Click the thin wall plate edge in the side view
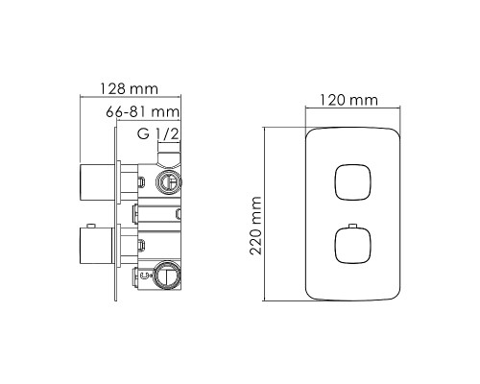[119, 221]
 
